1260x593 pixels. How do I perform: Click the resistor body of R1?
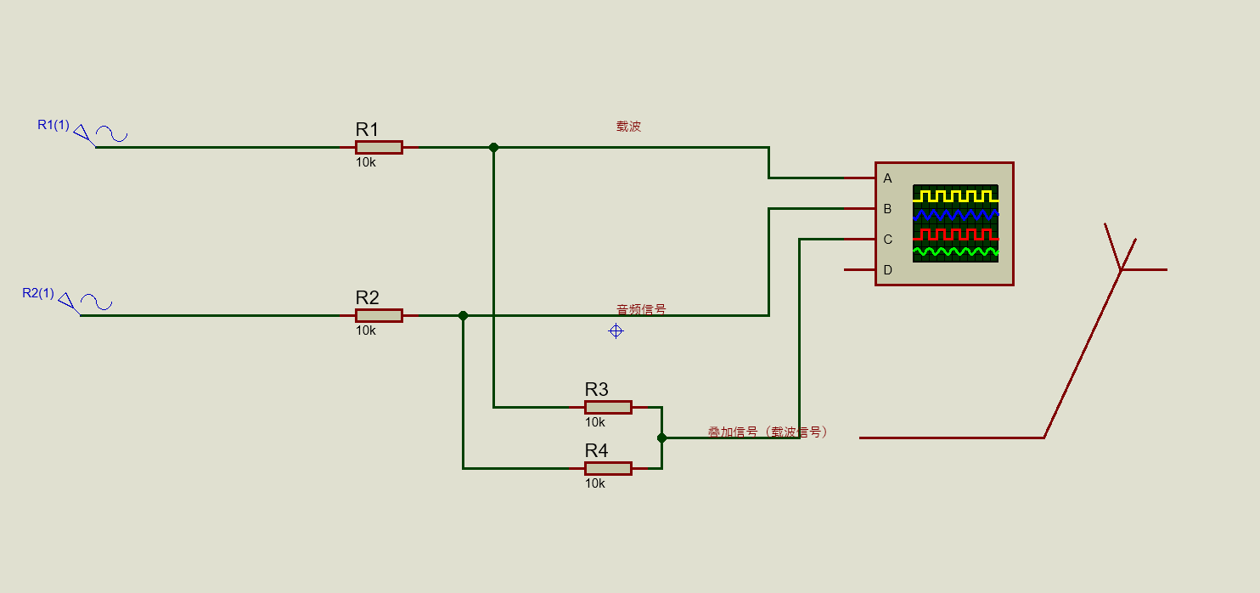coord(379,147)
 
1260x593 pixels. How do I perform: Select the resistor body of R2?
coord(379,315)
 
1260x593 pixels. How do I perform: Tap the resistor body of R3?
coord(608,407)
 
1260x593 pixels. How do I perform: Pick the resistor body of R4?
coord(608,468)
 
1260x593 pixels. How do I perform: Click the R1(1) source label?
coord(53,125)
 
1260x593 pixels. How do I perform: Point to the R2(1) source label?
coord(38,293)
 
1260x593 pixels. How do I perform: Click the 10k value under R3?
coord(594,422)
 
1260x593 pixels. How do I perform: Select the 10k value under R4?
coord(594,483)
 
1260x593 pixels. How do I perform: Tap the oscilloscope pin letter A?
coord(888,178)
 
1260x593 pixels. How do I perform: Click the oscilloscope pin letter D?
coord(888,270)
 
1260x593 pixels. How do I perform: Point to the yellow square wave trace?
coord(955,196)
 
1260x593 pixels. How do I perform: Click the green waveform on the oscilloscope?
coord(955,252)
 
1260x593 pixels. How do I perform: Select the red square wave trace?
coord(955,234)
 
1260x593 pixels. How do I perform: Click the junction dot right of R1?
coord(493,147)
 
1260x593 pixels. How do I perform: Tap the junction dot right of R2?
coord(463,315)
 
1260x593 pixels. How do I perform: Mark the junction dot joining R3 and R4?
coord(661,438)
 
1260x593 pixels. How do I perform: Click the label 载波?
coord(628,127)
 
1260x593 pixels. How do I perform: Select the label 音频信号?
coord(641,310)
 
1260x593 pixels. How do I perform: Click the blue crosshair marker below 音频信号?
coord(616,330)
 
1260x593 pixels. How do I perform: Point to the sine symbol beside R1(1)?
coord(111,133)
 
